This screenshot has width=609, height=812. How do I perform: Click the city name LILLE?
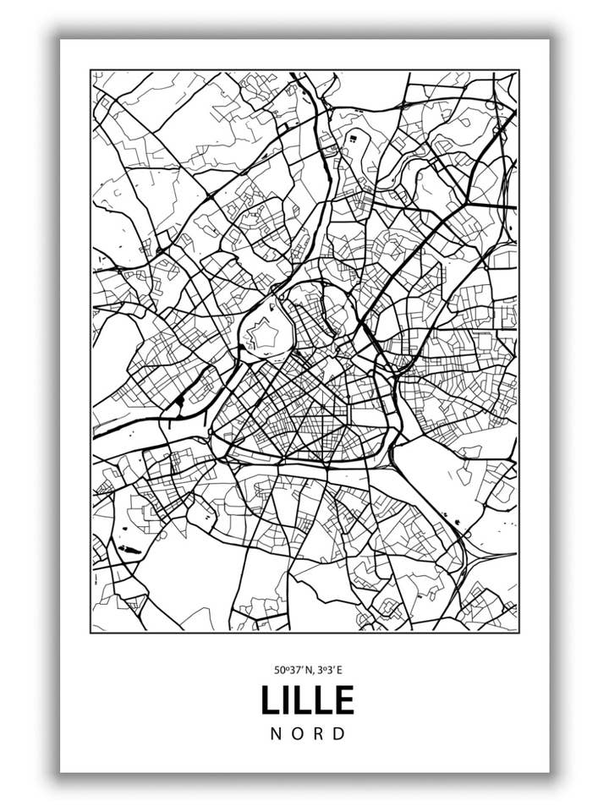click(x=307, y=700)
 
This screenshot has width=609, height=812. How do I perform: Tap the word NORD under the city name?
click(x=308, y=733)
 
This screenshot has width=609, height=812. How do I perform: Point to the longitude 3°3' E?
click(x=331, y=670)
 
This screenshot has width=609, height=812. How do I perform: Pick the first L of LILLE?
click(x=268, y=700)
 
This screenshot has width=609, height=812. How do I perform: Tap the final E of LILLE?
click(x=344, y=700)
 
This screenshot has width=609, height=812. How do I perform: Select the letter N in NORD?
click(x=276, y=733)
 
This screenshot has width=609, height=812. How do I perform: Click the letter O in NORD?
click(x=297, y=733)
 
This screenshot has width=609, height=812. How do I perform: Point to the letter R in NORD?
click(x=319, y=733)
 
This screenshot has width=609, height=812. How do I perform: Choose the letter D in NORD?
click(x=340, y=733)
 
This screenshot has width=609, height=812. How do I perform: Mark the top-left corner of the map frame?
click(x=91, y=71)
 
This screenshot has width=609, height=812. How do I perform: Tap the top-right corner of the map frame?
click(x=518, y=71)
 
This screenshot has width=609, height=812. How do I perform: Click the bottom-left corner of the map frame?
click(x=91, y=631)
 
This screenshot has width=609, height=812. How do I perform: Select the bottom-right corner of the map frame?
click(x=518, y=631)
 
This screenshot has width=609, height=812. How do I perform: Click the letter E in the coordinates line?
click(x=341, y=670)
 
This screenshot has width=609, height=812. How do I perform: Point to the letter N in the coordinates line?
click(x=307, y=670)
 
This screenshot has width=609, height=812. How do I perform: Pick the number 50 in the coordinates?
click(x=279, y=670)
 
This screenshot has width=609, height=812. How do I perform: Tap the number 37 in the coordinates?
click(x=293, y=670)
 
